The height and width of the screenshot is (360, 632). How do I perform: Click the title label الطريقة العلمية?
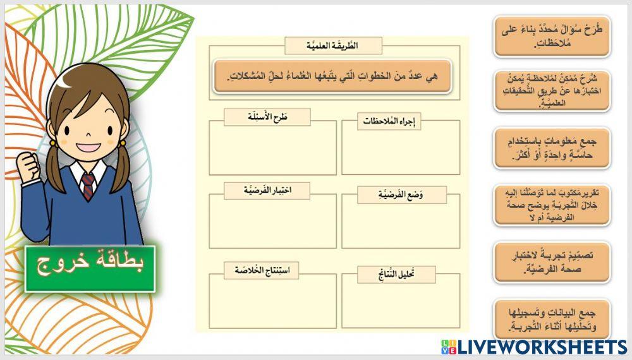(333, 46)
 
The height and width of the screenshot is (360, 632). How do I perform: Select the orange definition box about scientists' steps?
(332, 76)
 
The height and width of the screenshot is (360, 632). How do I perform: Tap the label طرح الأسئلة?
(267, 116)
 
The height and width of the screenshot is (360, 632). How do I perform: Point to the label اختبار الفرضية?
(267, 190)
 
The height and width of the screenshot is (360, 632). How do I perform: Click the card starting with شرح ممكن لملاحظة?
(552, 92)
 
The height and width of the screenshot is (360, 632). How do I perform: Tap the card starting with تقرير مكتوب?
(552, 205)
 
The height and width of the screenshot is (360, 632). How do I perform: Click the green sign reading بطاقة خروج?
(90, 268)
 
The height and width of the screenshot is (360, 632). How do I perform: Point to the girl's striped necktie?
(88, 186)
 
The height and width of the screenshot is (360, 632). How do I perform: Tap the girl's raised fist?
(30, 168)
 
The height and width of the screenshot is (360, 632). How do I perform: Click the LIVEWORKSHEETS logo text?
(542, 347)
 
